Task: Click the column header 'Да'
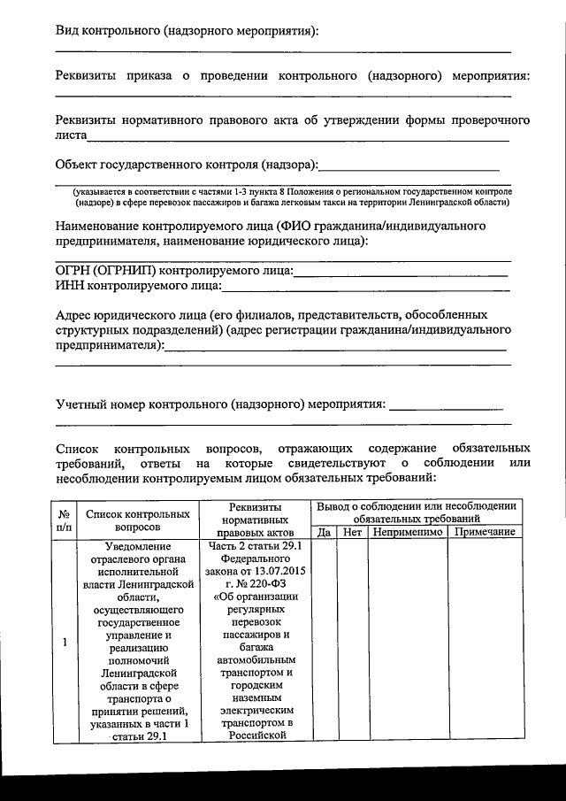(x=324, y=532)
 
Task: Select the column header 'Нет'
(x=353, y=532)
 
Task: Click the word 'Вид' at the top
(x=66, y=31)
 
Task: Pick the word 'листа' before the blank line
(x=71, y=136)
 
